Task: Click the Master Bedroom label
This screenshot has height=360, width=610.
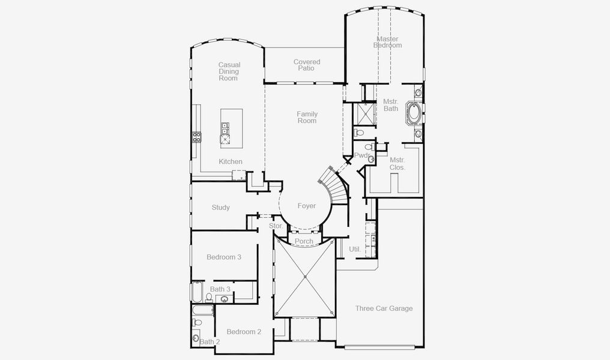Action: [x=387, y=42]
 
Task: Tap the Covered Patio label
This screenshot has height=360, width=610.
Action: [x=306, y=65]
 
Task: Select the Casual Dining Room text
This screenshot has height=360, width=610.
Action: [x=229, y=71]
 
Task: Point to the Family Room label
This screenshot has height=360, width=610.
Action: [x=307, y=117]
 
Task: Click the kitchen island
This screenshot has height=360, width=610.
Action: [x=231, y=127]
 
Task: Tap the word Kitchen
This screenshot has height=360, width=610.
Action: [x=231, y=161]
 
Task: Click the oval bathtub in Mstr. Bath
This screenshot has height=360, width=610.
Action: [x=413, y=113]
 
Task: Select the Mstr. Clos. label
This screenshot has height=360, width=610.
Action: [x=397, y=164]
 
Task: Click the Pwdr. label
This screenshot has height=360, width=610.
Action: [x=362, y=155]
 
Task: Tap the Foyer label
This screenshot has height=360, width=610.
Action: [x=306, y=206]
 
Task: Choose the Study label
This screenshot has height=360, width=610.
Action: [x=220, y=208]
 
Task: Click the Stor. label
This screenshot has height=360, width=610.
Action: [x=276, y=226]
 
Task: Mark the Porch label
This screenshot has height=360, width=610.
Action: [x=304, y=241]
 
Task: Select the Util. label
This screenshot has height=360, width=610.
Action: [x=354, y=248]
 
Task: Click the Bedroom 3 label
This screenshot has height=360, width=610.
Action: [x=223, y=257]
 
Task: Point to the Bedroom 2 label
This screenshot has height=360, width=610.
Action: [x=243, y=332]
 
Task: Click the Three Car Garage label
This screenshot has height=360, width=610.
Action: [x=384, y=308]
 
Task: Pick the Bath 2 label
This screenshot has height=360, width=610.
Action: [x=210, y=341]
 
